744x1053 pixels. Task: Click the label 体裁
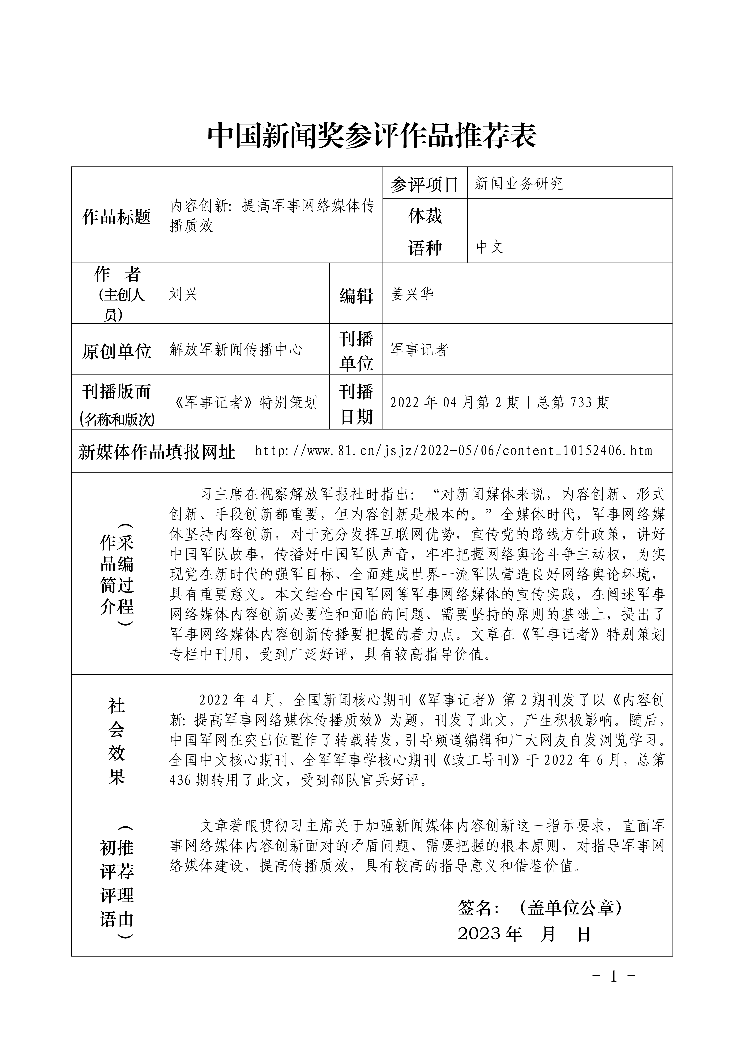coord(425,215)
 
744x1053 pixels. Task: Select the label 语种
coord(425,248)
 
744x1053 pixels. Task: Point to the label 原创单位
coord(116,351)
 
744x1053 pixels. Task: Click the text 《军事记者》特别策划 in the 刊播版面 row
coord(246,402)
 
